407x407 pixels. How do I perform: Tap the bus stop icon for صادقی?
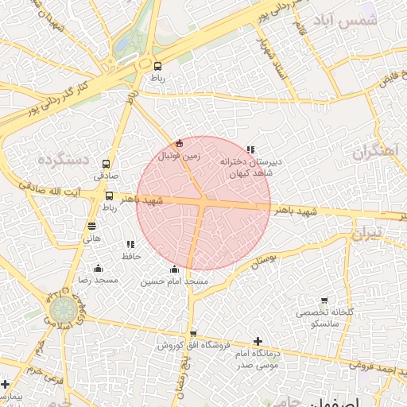coord(107,163)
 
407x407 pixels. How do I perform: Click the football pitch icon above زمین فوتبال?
coord(179,144)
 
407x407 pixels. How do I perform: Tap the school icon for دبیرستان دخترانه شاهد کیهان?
coord(250,149)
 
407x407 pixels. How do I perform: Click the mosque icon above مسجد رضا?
coord(98,268)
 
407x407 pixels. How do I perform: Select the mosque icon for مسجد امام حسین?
coord(174,269)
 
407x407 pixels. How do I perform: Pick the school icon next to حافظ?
coord(130,244)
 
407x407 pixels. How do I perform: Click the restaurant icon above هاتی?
coord(91,226)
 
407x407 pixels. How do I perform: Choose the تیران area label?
coord(370,232)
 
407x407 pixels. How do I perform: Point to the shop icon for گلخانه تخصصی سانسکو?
coord(324,300)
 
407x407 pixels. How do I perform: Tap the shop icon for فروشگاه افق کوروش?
coord(192,334)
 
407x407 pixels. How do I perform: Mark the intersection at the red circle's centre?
coord(203,203)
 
